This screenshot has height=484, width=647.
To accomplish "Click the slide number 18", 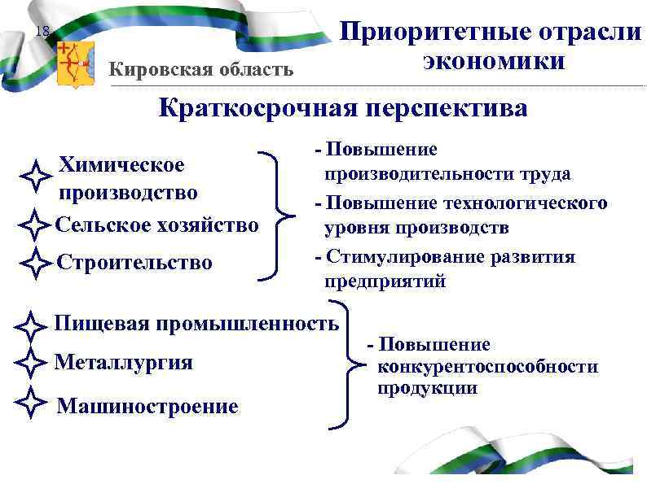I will click(43, 32).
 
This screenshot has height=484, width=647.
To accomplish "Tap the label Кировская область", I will click(201, 68).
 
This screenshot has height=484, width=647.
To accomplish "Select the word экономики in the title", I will click(493, 61).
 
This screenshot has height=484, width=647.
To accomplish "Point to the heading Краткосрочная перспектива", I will click(342, 108).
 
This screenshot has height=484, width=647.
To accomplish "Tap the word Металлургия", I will click(123, 362).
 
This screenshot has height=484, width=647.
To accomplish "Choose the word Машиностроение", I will click(147, 406).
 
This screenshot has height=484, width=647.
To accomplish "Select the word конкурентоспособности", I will click(486, 367).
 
